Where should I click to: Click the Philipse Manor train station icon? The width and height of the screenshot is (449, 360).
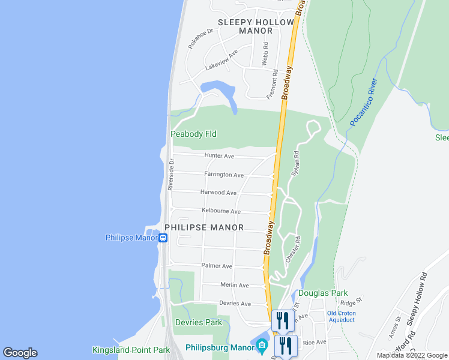click(x=163, y=238)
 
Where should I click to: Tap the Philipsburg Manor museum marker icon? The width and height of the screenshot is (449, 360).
click(x=261, y=346)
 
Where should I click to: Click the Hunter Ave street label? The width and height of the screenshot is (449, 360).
click(x=219, y=156)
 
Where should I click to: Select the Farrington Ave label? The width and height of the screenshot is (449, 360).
click(x=224, y=175)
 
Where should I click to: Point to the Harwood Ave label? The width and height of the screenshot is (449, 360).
click(x=218, y=193)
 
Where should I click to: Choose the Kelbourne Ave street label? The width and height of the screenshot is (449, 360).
click(x=221, y=211)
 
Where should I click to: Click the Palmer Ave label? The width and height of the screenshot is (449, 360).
click(x=217, y=266)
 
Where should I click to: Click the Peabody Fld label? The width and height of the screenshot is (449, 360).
click(x=193, y=134)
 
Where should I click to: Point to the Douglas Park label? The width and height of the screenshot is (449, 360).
click(x=323, y=293)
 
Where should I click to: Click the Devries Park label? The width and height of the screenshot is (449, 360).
click(x=198, y=322)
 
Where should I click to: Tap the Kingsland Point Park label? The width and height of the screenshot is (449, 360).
click(x=131, y=349)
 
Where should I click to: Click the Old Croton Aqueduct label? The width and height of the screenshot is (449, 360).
click(x=341, y=316)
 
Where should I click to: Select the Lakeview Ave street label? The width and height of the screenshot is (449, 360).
click(x=221, y=60)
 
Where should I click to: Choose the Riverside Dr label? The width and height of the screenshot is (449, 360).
click(x=171, y=175)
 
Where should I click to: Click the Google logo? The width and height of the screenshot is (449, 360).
click(x=20, y=353)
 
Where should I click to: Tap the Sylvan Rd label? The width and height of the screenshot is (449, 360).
click(x=295, y=163)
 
